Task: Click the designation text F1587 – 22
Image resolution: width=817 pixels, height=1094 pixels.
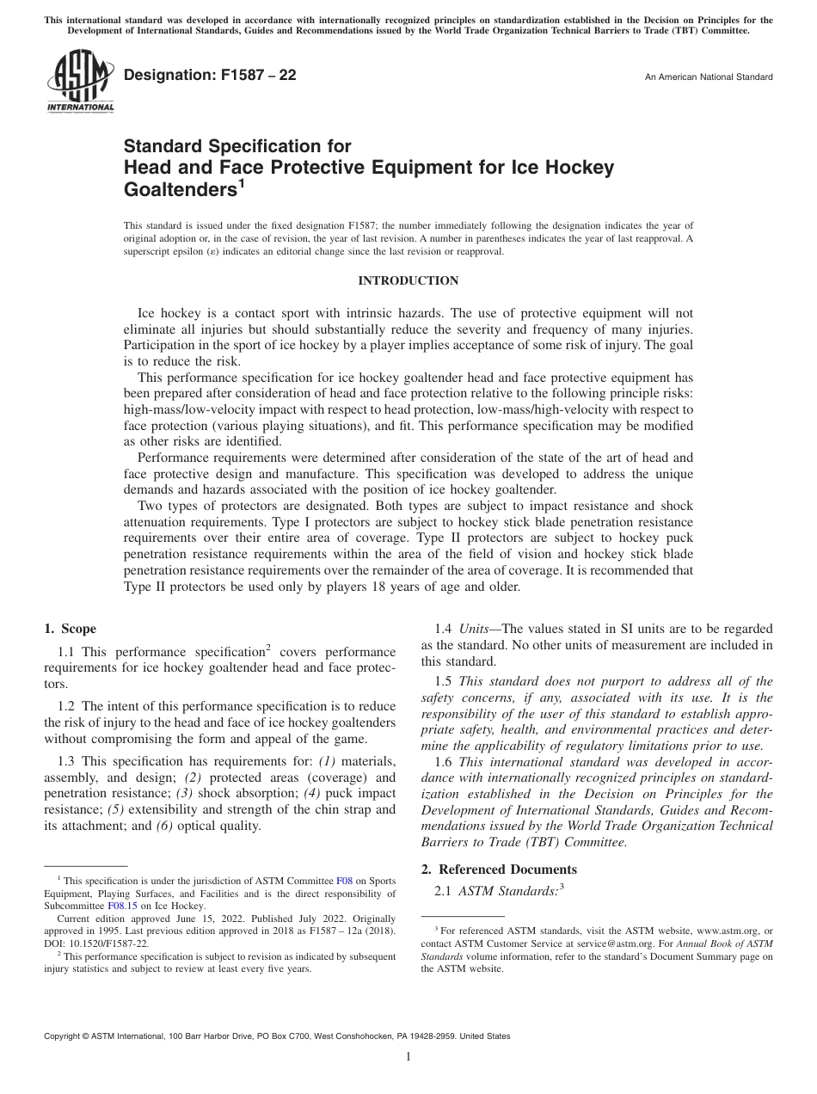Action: tap(211, 76)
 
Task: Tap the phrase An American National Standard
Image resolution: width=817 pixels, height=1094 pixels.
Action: tap(708, 77)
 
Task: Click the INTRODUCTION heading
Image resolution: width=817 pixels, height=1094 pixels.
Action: tap(408, 281)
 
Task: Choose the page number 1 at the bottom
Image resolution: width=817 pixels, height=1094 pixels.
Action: tap(408, 1057)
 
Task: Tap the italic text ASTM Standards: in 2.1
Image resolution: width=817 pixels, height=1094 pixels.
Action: tap(508, 892)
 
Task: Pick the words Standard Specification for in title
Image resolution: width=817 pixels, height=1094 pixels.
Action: tap(237, 146)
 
